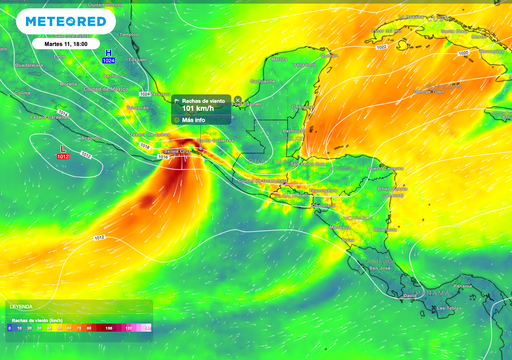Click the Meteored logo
66,20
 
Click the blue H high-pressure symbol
109,51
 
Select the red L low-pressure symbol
62,148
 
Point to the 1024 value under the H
109,61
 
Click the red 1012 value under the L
63,157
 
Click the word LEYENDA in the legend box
22,306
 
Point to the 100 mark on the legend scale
109,327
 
